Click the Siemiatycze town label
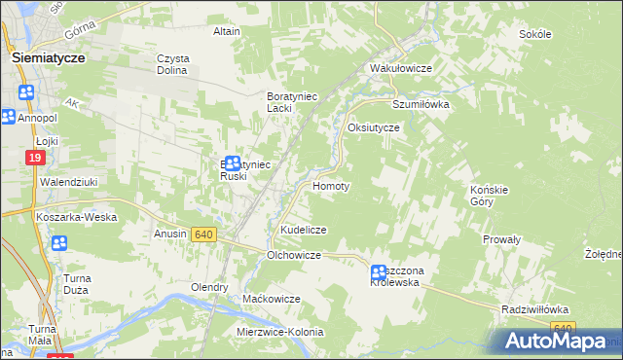[x=49, y=57]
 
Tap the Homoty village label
[x=330, y=185]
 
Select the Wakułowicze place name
[x=400, y=69]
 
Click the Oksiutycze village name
[x=374, y=127]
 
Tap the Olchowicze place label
[x=294, y=255]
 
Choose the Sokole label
[x=535, y=34]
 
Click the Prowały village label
[x=502, y=238]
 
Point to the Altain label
[x=227, y=31]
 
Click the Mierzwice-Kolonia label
[x=279, y=332]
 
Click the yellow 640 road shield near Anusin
[x=203, y=234]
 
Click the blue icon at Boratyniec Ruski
[x=232, y=163]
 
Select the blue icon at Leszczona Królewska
[x=378, y=274]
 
